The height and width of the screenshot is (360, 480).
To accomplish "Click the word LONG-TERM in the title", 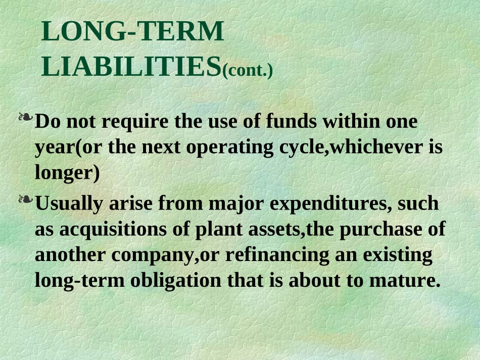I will tap(132, 32).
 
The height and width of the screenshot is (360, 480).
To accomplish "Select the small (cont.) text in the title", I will tap(248, 70).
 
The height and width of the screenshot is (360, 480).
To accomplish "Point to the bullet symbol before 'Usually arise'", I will tap(25, 201).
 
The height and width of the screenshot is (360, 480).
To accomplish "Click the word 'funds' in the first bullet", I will tap(292, 122).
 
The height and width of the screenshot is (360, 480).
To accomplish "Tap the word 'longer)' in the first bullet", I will tap(67, 173).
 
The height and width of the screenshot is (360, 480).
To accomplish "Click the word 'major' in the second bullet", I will tap(237, 204).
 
